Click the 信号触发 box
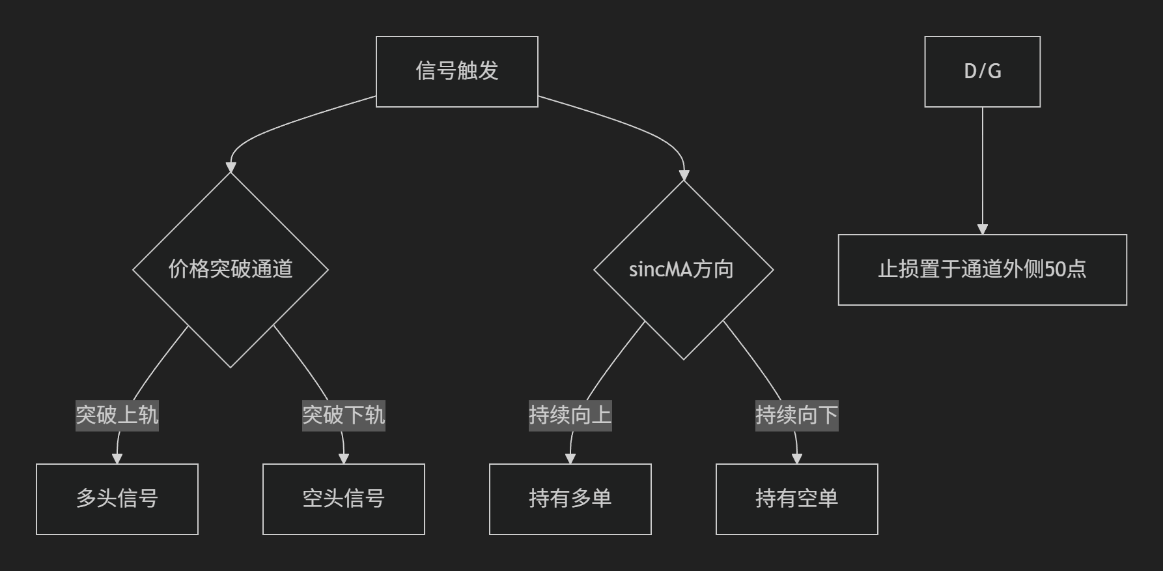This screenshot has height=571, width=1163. (x=457, y=72)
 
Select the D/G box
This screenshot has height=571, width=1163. (x=983, y=72)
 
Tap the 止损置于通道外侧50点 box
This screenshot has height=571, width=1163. (x=983, y=270)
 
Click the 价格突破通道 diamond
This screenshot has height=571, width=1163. (x=231, y=270)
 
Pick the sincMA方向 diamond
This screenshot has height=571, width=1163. (x=684, y=270)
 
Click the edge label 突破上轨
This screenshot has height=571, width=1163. (x=117, y=415)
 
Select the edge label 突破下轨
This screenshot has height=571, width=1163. (x=344, y=415)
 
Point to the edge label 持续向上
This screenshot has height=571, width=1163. (x=570, y=415)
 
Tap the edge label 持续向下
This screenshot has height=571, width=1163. (x=797, y=415)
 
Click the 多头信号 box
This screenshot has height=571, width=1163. (x=117, y=499)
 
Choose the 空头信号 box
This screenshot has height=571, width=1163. (x=344, y=499)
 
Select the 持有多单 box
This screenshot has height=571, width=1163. (x=570, y=499)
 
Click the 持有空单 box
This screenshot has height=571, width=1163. (x=797, y=499)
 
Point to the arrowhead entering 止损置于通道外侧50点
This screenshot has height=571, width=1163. (x=983, y=229)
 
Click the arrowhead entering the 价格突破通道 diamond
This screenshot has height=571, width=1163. (x=231, y=168)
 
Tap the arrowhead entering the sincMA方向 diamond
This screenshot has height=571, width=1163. (x=684, y=175)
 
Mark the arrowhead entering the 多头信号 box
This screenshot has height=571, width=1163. (x=117, y=459)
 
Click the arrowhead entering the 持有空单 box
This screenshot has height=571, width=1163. (x=797, y=459)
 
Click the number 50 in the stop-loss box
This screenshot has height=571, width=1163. (x=1056, y=270)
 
